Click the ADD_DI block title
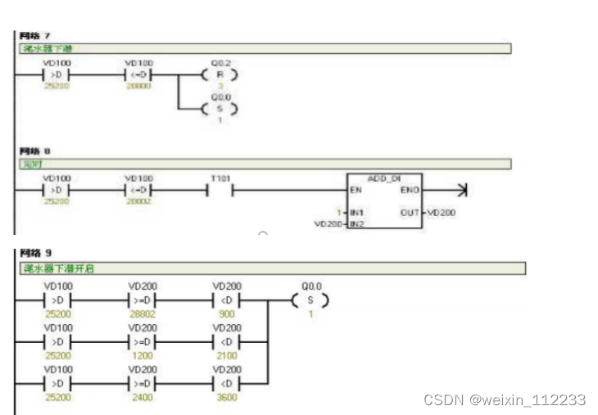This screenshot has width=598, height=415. pos(384,178)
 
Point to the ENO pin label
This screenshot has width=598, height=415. pos(410,192)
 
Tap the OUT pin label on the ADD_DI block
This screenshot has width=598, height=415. pos(410,212)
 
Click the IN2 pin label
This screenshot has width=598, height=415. pos(356,223)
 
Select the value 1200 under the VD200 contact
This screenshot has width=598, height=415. pos(141,356)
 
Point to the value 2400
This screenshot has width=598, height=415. pos(141,397)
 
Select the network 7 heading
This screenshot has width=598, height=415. pos(35,36)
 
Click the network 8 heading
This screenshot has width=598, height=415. pos(35,151)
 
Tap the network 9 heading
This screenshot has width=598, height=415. pos(35,254)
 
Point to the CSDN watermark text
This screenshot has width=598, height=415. pos(505,400)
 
